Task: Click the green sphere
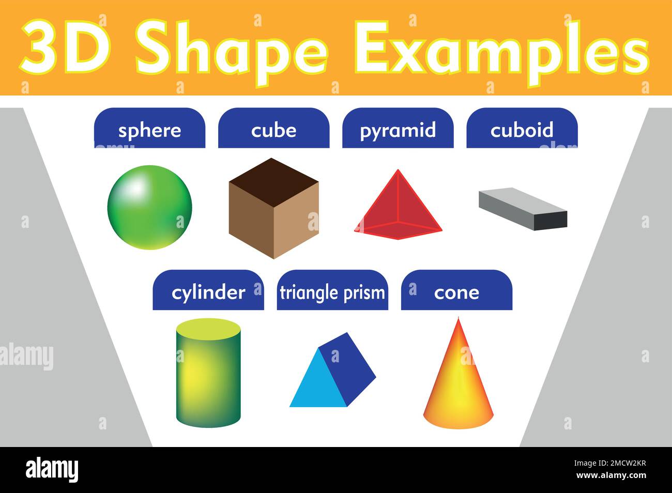(150, 207)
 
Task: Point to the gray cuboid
(522, 208)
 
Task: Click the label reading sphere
(149, 130)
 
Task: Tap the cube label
(273, 130)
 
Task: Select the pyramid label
(398, 130)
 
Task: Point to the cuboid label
(522, 130)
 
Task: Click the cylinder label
(208, 292)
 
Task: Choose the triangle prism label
(332, 292)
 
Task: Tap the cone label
(456, 292)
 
